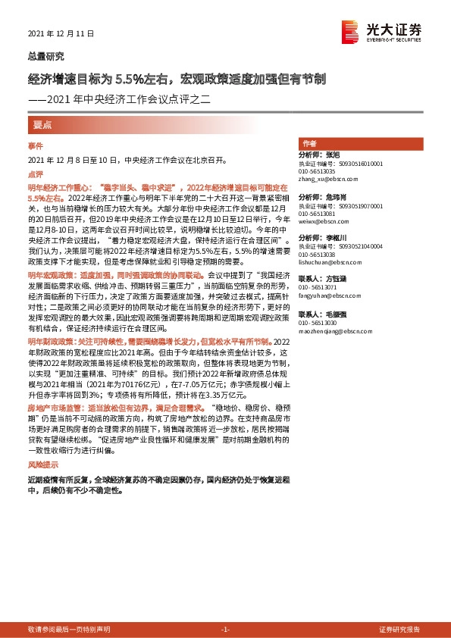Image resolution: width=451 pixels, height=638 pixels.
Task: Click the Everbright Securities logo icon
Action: [350, 30]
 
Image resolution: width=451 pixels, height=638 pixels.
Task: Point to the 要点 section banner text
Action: [42, 124]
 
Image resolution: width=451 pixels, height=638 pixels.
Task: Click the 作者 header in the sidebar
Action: [309, 143]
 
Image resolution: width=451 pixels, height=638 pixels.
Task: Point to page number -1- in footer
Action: [224, 630]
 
